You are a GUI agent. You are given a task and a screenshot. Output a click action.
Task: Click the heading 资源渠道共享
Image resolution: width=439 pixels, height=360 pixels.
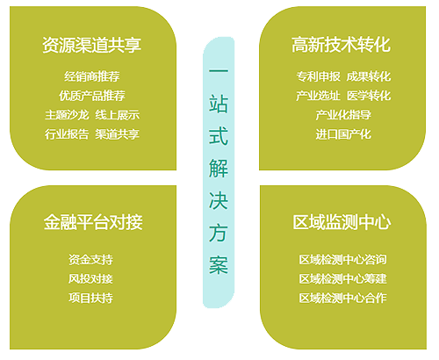92,45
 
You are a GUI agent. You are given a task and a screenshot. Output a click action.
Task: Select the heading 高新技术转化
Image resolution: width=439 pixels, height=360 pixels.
341,45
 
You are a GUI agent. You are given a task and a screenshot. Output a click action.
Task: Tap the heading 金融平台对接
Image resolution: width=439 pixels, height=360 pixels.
93,222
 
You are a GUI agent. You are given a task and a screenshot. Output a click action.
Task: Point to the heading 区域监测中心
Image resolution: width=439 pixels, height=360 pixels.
342,222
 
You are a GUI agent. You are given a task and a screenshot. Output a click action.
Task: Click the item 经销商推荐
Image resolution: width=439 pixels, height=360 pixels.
92,76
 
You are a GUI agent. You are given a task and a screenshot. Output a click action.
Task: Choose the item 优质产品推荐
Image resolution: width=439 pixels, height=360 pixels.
92,96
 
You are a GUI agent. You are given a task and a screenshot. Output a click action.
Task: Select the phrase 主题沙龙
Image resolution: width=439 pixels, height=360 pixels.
67,115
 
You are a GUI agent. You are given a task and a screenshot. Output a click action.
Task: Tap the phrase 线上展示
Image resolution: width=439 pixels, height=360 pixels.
118,115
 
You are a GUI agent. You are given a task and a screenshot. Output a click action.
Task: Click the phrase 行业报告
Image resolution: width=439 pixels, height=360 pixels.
67,134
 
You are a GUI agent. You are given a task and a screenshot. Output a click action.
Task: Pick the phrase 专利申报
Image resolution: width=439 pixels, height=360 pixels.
319,76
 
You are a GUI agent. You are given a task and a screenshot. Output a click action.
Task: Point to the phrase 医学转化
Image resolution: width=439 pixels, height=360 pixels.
369,96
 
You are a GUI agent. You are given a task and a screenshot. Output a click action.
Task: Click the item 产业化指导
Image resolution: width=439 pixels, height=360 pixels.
343,115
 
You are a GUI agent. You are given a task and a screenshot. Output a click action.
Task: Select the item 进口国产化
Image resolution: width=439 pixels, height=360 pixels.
343,134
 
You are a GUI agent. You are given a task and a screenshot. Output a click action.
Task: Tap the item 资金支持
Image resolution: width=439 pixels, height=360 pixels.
90,260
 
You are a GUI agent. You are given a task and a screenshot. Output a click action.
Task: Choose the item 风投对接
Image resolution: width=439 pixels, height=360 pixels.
90,279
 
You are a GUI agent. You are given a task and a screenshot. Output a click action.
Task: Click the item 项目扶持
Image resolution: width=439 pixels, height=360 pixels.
90,299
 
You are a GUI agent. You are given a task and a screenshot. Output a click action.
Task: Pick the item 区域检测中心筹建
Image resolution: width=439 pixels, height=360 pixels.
342,279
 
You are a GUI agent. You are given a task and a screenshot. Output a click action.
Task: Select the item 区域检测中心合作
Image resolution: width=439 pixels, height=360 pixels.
342,299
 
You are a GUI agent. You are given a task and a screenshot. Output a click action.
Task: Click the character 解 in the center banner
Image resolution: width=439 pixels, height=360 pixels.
219,169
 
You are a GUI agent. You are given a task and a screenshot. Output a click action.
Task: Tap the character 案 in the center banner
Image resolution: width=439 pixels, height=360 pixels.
219,265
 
